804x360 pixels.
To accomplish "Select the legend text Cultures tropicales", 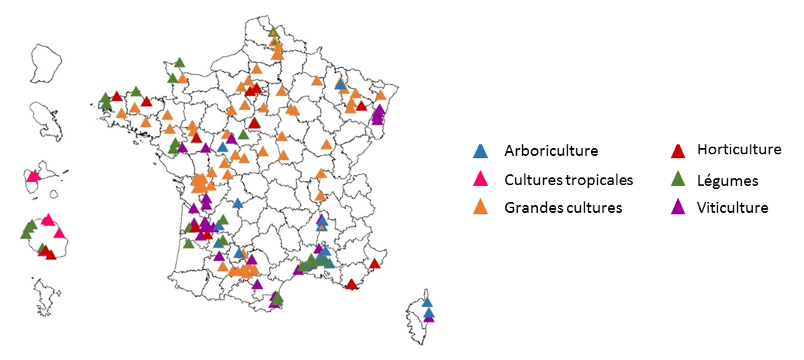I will click(568, 180).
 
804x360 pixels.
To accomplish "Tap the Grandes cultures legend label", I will click(563, 208).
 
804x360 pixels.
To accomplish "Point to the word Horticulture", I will click(739, 150).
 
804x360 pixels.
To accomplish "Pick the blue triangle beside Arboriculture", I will click(480, 151).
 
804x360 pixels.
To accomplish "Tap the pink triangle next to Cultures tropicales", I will click(480, 179).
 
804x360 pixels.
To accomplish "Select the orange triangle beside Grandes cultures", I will click(480, 207).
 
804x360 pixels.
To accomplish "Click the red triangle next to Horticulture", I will click(678, 151).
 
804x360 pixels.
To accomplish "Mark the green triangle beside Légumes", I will click(678, 179).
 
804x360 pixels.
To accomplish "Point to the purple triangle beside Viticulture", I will click(678, 207).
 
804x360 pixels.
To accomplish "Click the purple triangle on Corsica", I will click(429, 317).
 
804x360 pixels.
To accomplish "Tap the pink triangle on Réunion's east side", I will click(60, 234).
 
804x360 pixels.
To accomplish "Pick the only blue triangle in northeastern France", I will click(340, 85).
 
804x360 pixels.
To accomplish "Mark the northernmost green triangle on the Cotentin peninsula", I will click(179, 63).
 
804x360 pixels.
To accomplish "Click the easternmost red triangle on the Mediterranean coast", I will click(375, 264).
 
